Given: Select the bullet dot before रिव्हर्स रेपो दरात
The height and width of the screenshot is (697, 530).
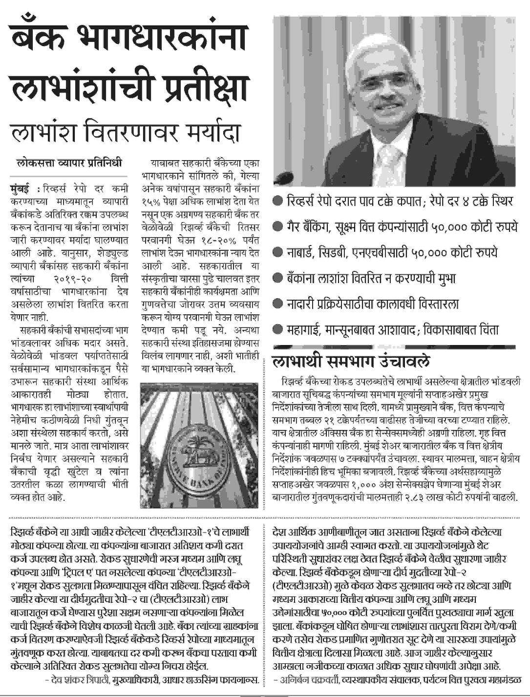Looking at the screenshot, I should point(278,200).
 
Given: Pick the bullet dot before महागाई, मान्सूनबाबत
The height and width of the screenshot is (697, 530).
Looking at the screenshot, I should point(278,329).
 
